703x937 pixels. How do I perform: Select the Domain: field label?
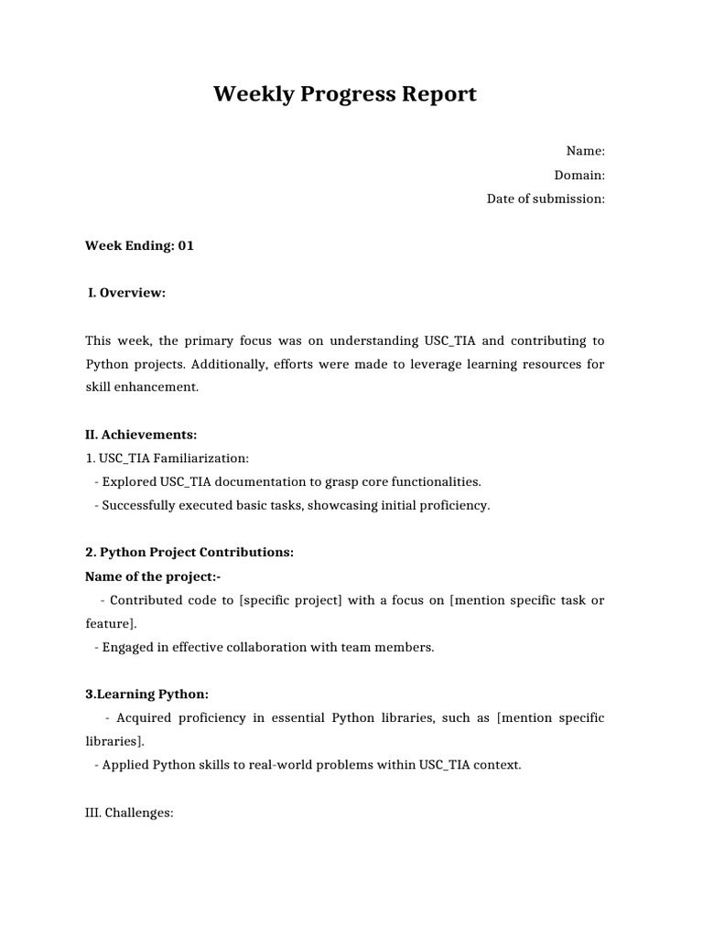[579, 176]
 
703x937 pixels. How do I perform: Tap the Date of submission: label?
[546, 199]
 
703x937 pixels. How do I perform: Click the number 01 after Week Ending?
[186, 246]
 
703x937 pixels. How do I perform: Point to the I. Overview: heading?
[126, 293]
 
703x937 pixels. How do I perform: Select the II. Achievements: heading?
[141, 435]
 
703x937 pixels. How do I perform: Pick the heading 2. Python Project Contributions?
[189, 553]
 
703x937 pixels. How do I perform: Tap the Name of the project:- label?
[153, 576]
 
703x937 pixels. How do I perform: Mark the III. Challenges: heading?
[129, 813]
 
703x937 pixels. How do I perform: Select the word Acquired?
[145, 718]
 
